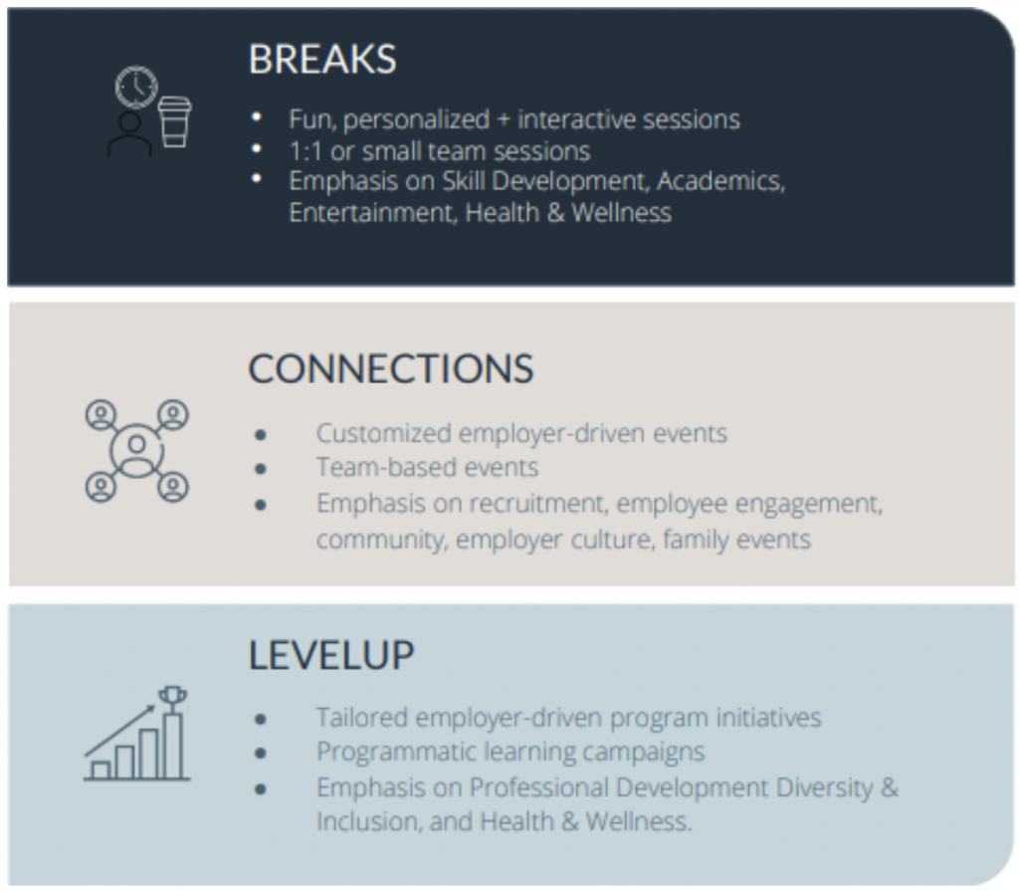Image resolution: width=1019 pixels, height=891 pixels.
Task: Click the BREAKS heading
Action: point(322,59)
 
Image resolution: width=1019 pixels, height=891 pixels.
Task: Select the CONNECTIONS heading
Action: point(390,368)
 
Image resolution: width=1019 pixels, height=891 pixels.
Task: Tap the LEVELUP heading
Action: point(331,655)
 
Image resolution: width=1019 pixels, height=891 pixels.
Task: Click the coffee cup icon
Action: point(175,121)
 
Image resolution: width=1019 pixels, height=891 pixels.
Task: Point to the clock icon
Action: point(136,87)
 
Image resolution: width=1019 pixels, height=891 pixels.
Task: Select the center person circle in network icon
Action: point(136,451)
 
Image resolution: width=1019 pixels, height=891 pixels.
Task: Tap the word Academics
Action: point(720,181)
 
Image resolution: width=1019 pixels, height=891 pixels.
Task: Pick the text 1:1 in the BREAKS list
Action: point(306,151)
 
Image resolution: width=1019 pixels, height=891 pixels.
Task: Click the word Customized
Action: point(383,434)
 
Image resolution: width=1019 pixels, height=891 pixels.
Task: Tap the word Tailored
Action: point(361,718)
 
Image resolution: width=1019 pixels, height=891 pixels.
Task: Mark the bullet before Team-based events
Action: point(261,468)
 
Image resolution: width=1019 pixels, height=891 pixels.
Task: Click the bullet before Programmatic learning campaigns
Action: point(261,754)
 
